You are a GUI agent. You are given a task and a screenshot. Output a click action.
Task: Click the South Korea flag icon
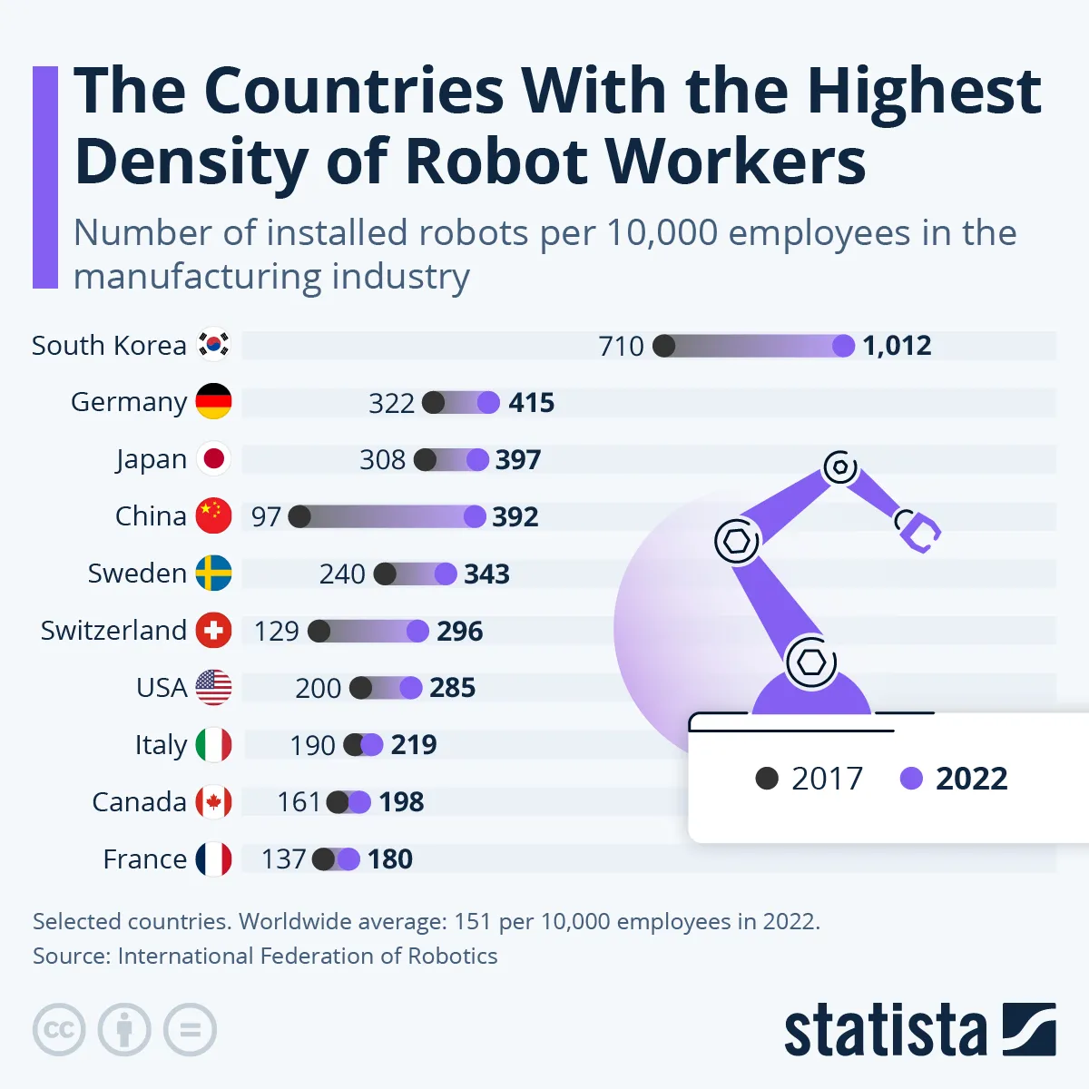click(x=214, y=345)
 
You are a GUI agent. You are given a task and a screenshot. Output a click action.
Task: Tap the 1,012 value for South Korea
click(x=897, y=346)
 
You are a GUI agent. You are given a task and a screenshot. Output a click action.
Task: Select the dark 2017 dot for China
click(x=299, y=516)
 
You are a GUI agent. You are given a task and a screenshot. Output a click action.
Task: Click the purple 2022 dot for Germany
click(x=488, y=402)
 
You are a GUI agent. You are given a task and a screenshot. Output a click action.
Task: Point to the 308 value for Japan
click(x=382, y=460)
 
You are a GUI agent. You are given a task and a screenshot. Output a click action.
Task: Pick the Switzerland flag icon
click(x=214, y=630)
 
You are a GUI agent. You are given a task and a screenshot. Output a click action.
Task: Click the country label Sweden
click(x=137, y=574)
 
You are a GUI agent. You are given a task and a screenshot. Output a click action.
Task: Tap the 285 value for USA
click(x=452, y=688)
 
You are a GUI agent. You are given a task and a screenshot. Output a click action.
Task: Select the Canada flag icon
click(x=214, y=801)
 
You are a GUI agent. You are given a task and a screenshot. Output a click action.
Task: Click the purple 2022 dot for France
click(x=348, y=858)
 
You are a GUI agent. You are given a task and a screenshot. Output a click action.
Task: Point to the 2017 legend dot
click(x=767, y=779)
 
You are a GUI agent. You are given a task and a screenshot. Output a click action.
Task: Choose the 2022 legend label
click(x=971, y=779)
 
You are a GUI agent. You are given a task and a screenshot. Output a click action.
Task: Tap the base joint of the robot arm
click(x=810, y=662)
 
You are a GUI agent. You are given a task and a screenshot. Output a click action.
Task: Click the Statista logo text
click(x=885, y=1032)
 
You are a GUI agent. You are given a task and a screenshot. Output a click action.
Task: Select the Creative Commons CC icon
click(x=59, y=1030)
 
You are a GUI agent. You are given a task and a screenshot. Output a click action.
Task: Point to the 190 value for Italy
click(x=312, y=745)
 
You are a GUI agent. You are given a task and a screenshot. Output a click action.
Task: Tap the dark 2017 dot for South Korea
click(x=664, y=346)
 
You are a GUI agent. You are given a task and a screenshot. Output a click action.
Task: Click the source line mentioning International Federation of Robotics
click(x=265, y=956)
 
